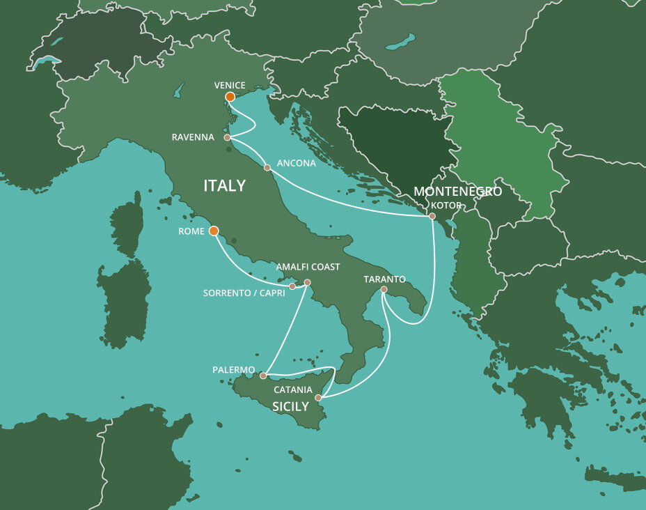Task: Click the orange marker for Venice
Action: (230, 97)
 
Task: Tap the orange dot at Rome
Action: (214, 231)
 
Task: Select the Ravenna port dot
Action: (228, 138)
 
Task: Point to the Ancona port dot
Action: (267, 167)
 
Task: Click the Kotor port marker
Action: (432, 216)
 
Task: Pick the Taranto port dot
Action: (384, 289)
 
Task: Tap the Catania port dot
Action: (318, 397)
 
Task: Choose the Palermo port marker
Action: (262, 376)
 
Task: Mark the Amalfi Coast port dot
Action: (307, 282)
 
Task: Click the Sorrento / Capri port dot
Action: (292, 286)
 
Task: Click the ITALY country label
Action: (224, 185)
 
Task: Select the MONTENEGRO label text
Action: (457, 192)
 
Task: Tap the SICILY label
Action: (290, 406)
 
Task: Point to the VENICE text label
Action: (230, 85)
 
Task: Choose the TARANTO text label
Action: (384, 279)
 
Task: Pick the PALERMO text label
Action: (234, 369)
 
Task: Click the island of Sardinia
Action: (125, 300)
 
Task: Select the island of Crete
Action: (613, 479)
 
